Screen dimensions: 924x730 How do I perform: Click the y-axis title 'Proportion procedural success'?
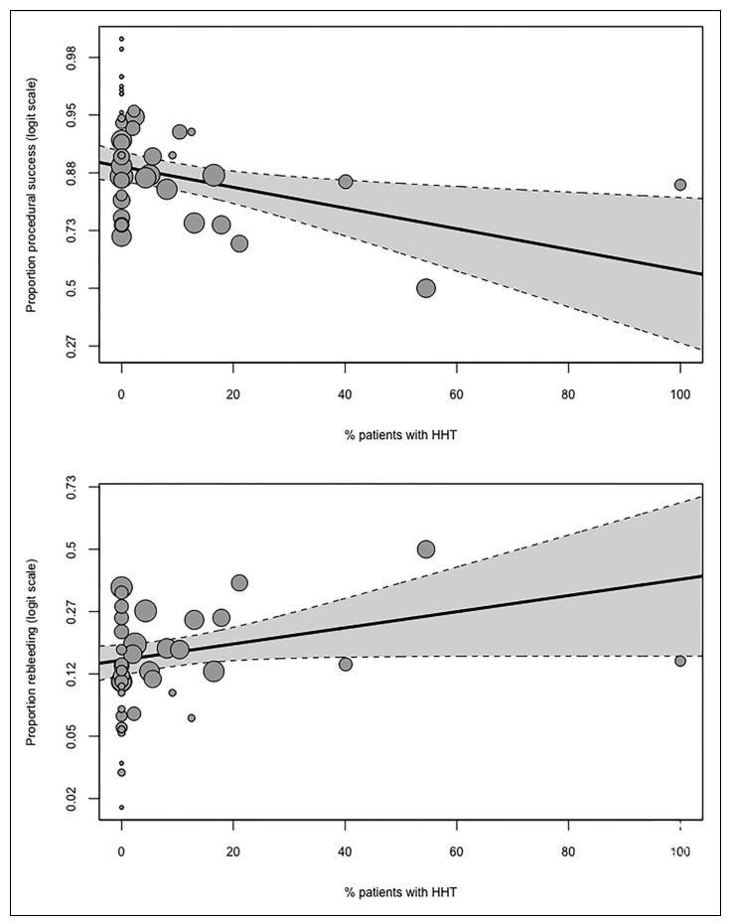[32, 211]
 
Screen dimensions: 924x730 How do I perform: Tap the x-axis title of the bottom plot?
[401, 890]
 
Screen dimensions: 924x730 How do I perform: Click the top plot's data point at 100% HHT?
[680, 185]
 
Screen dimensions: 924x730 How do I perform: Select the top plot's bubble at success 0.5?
[426, 288]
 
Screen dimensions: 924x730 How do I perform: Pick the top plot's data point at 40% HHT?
[346, 182]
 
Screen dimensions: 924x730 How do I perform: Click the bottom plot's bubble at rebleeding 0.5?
[426, 549]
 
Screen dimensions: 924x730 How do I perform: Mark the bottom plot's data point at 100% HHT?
[680, 661]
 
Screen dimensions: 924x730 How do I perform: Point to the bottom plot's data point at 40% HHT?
[346, 664]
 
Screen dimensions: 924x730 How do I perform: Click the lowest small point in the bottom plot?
[121, 807]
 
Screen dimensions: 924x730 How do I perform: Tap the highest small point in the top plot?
[121, 39]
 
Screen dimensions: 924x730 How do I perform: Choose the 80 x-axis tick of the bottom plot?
[568, 851]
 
